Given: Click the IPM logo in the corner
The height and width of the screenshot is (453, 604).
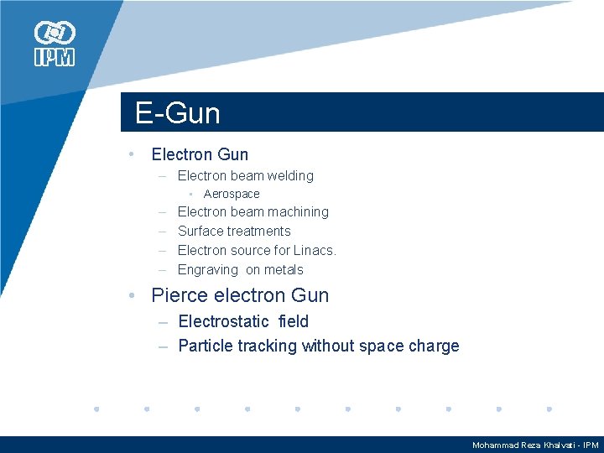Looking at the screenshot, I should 55,44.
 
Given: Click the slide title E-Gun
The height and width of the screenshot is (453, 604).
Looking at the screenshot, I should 178,113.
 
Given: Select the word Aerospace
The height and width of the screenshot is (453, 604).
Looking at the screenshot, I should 232,194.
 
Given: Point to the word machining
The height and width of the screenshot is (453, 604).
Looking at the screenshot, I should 299,212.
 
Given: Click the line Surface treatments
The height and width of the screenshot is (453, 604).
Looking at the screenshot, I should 234,232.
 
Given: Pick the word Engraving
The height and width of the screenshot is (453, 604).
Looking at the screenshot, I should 207,270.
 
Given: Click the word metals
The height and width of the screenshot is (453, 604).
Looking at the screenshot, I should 284,270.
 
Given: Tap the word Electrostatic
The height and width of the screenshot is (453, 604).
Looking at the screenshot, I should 223,321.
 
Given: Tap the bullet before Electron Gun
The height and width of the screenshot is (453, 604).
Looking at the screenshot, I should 132,154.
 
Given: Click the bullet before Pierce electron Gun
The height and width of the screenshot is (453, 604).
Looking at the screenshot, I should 132,295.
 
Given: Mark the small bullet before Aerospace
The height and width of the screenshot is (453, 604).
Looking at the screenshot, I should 192,194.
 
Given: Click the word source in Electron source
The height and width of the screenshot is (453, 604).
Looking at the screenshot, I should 250,251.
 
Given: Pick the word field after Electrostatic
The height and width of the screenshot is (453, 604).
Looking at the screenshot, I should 293,321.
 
